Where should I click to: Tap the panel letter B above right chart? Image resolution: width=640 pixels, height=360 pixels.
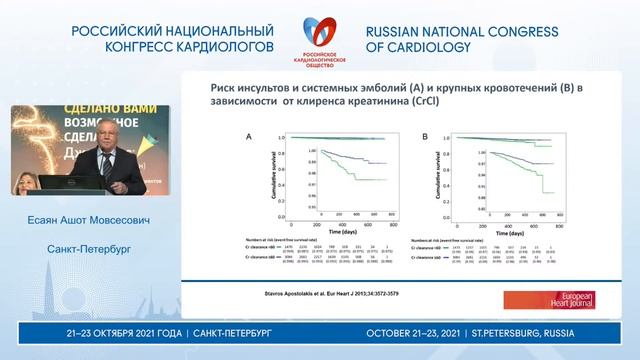425,136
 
